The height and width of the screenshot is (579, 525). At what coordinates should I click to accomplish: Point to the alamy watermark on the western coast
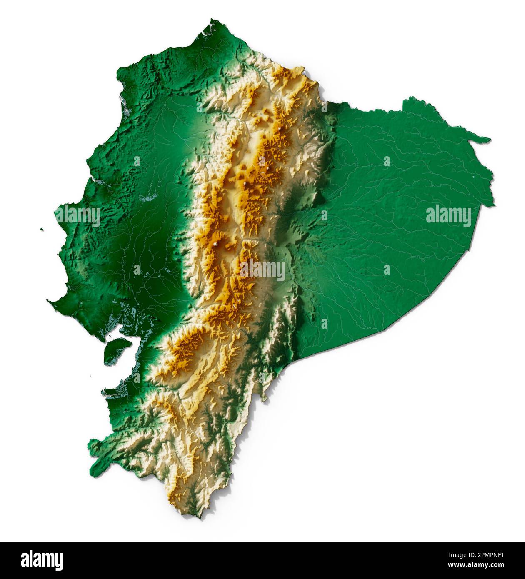78,216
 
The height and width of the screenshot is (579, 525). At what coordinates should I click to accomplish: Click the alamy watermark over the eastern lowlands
448,216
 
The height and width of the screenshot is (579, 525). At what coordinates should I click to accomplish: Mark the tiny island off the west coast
42,229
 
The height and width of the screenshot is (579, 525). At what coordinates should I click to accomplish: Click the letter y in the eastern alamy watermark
467,218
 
